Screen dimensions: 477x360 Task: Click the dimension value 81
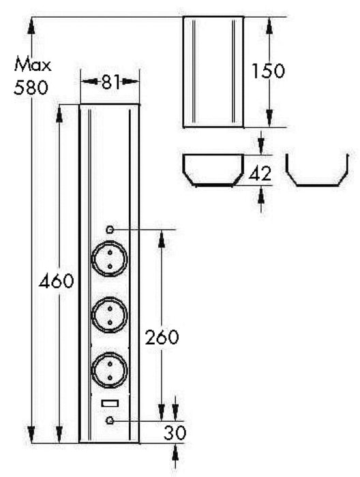[x=110, y=82]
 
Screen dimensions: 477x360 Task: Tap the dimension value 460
[x=56, y=281]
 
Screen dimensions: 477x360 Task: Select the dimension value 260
[x=162, y=337]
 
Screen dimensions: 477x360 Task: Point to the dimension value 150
[x=267, y=71]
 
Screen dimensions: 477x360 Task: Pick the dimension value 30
[x=175, y=431]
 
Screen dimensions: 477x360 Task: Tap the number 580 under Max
[x=32, y=87]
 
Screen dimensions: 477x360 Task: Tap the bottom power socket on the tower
[x=109, y=369]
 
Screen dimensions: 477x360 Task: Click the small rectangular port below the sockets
[x=109, y=404]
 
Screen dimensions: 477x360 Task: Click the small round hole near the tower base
[x=109, y=421]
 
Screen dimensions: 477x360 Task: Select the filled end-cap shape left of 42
[x=213, y=171]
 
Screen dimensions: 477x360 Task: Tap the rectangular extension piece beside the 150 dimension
[x=213, y=72]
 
